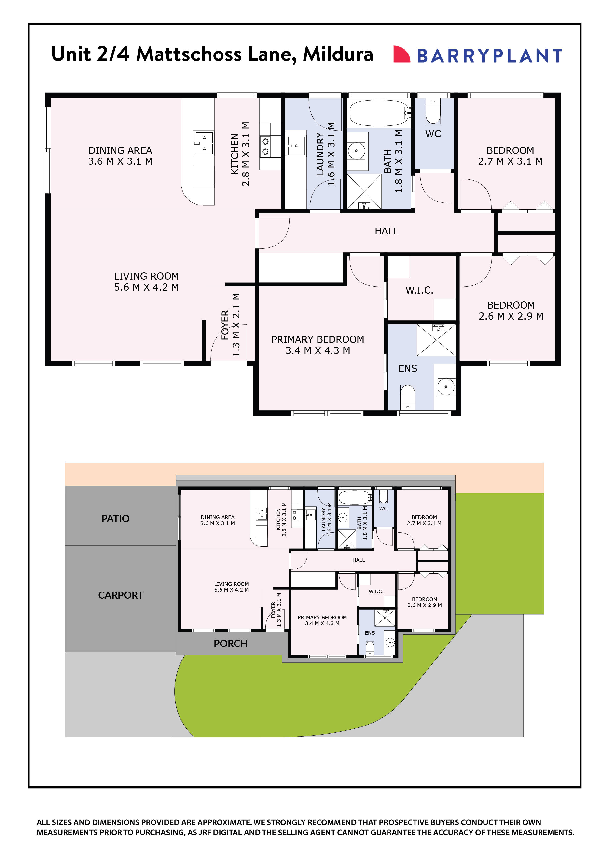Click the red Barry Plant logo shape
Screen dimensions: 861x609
click(x=401, y=54)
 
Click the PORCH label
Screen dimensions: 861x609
click(x=230, y=644)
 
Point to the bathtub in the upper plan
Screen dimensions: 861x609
click(x=379, y=112)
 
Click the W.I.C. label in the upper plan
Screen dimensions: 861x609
click(x=419, y=290)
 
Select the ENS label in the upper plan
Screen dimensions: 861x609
click(x=407, y=369)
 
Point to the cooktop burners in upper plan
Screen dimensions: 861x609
click(x=265, y=146)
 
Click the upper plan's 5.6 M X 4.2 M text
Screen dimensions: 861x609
click(x=146, y=287)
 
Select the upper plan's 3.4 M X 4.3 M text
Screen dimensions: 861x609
click(x=318, y=351)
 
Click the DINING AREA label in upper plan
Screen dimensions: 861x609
click(x=120, y=150)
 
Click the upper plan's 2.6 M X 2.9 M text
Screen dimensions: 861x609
click(x=511, y=316)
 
